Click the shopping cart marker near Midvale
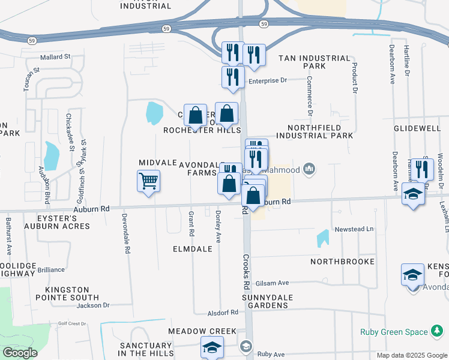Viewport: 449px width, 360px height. pos(148,181)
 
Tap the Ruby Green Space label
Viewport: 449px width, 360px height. pos(394,332)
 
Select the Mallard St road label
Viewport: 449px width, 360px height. pos(55,57)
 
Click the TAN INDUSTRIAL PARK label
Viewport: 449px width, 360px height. pos(314,62)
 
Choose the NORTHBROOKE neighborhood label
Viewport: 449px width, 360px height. pos(342,262)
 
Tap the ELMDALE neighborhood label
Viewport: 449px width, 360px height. pos(193,248)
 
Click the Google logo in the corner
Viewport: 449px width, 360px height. pos(20,353)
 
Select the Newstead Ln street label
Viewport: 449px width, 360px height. pos(354,229)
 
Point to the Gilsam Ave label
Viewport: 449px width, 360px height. pos(272,283)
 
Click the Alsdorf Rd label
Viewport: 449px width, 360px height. pos(223,313)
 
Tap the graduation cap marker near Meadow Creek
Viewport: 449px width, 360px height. pos(212,347)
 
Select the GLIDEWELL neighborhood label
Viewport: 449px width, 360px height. pos(417,128)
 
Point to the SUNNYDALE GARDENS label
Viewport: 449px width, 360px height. pos(265,301)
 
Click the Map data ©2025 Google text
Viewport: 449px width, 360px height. pos(411,355)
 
